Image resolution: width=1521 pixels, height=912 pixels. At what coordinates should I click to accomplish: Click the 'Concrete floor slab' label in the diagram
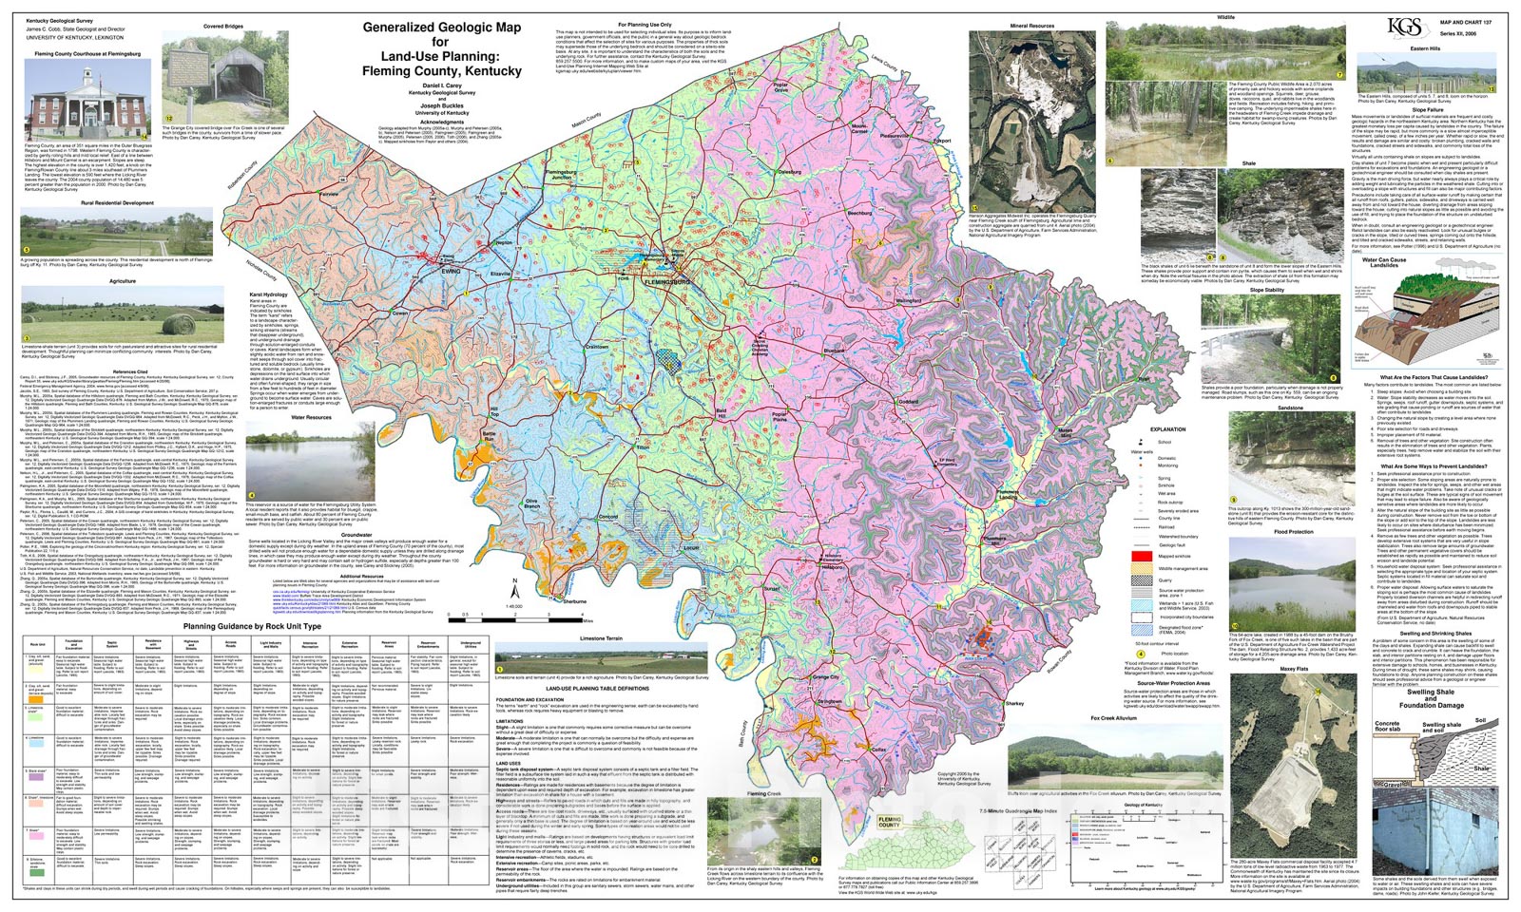point(1387,728)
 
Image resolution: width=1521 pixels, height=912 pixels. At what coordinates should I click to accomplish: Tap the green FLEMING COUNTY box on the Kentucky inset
point(889,822)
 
